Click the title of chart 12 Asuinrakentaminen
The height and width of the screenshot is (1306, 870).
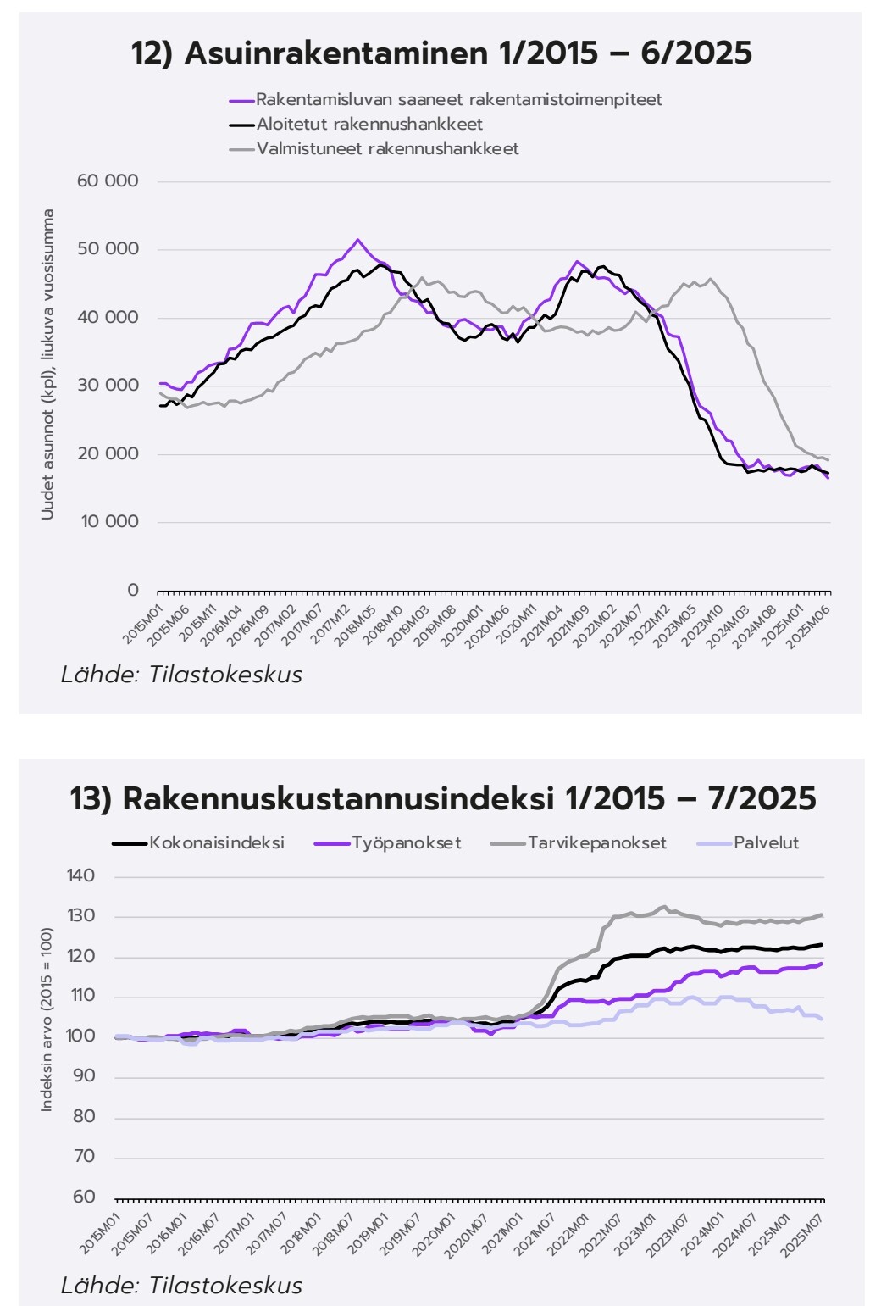click(x=441, y=53)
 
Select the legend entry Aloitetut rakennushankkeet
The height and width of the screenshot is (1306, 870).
click(x=369, y=124)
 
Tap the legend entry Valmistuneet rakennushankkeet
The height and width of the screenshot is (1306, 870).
click(x=387, y=148)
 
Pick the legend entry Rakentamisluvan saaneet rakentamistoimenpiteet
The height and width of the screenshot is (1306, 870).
click(x=458, y=99)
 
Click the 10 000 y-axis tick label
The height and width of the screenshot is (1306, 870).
click(x=109, y=522)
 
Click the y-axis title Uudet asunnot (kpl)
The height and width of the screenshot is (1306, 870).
click(x=48, y=364)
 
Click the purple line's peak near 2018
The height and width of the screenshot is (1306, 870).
click(x=357, y=240)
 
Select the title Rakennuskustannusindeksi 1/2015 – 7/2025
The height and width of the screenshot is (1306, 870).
click(x=442, y=798)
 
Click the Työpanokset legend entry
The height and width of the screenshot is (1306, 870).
click(x=406, y=843)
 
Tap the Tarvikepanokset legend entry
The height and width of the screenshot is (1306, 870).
click(x=596, y=843)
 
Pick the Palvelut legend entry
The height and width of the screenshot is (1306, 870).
click(x=766, y=843)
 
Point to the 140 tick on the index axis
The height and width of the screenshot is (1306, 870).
click(x=81, y=876)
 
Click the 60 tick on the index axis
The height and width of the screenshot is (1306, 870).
click(x=85, y=1197)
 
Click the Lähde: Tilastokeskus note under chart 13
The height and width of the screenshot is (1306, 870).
click(x=181, y=1285)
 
